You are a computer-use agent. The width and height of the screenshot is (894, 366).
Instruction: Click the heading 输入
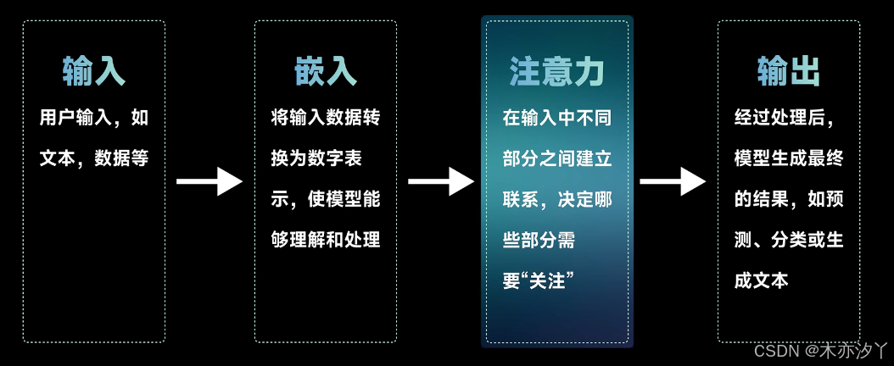[94, 72]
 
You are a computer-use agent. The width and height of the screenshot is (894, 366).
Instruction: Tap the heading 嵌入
[326, 72]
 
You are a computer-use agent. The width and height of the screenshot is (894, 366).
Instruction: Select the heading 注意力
[556, 72]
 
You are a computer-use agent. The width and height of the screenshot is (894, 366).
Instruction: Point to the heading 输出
[789, 72]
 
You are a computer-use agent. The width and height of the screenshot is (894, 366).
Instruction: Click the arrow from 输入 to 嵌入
[209, 180]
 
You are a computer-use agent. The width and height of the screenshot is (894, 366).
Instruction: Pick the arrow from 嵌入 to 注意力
[440, 180]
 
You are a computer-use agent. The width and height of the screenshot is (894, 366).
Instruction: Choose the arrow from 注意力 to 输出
[672, 180]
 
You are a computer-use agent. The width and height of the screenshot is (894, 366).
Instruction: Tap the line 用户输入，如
[94, 118]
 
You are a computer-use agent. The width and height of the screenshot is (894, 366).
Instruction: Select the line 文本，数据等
[94, 158]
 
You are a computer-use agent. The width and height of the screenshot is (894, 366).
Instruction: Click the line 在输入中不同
[556, 118]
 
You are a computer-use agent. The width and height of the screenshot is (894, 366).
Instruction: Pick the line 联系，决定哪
[556, 199]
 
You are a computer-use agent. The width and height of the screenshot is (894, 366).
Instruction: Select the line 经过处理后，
[789, 118]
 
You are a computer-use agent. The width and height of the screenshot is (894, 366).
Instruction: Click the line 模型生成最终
[789, 158]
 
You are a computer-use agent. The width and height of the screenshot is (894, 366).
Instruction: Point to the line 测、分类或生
[789, 240]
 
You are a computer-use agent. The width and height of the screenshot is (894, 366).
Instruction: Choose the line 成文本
[761, 280]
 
